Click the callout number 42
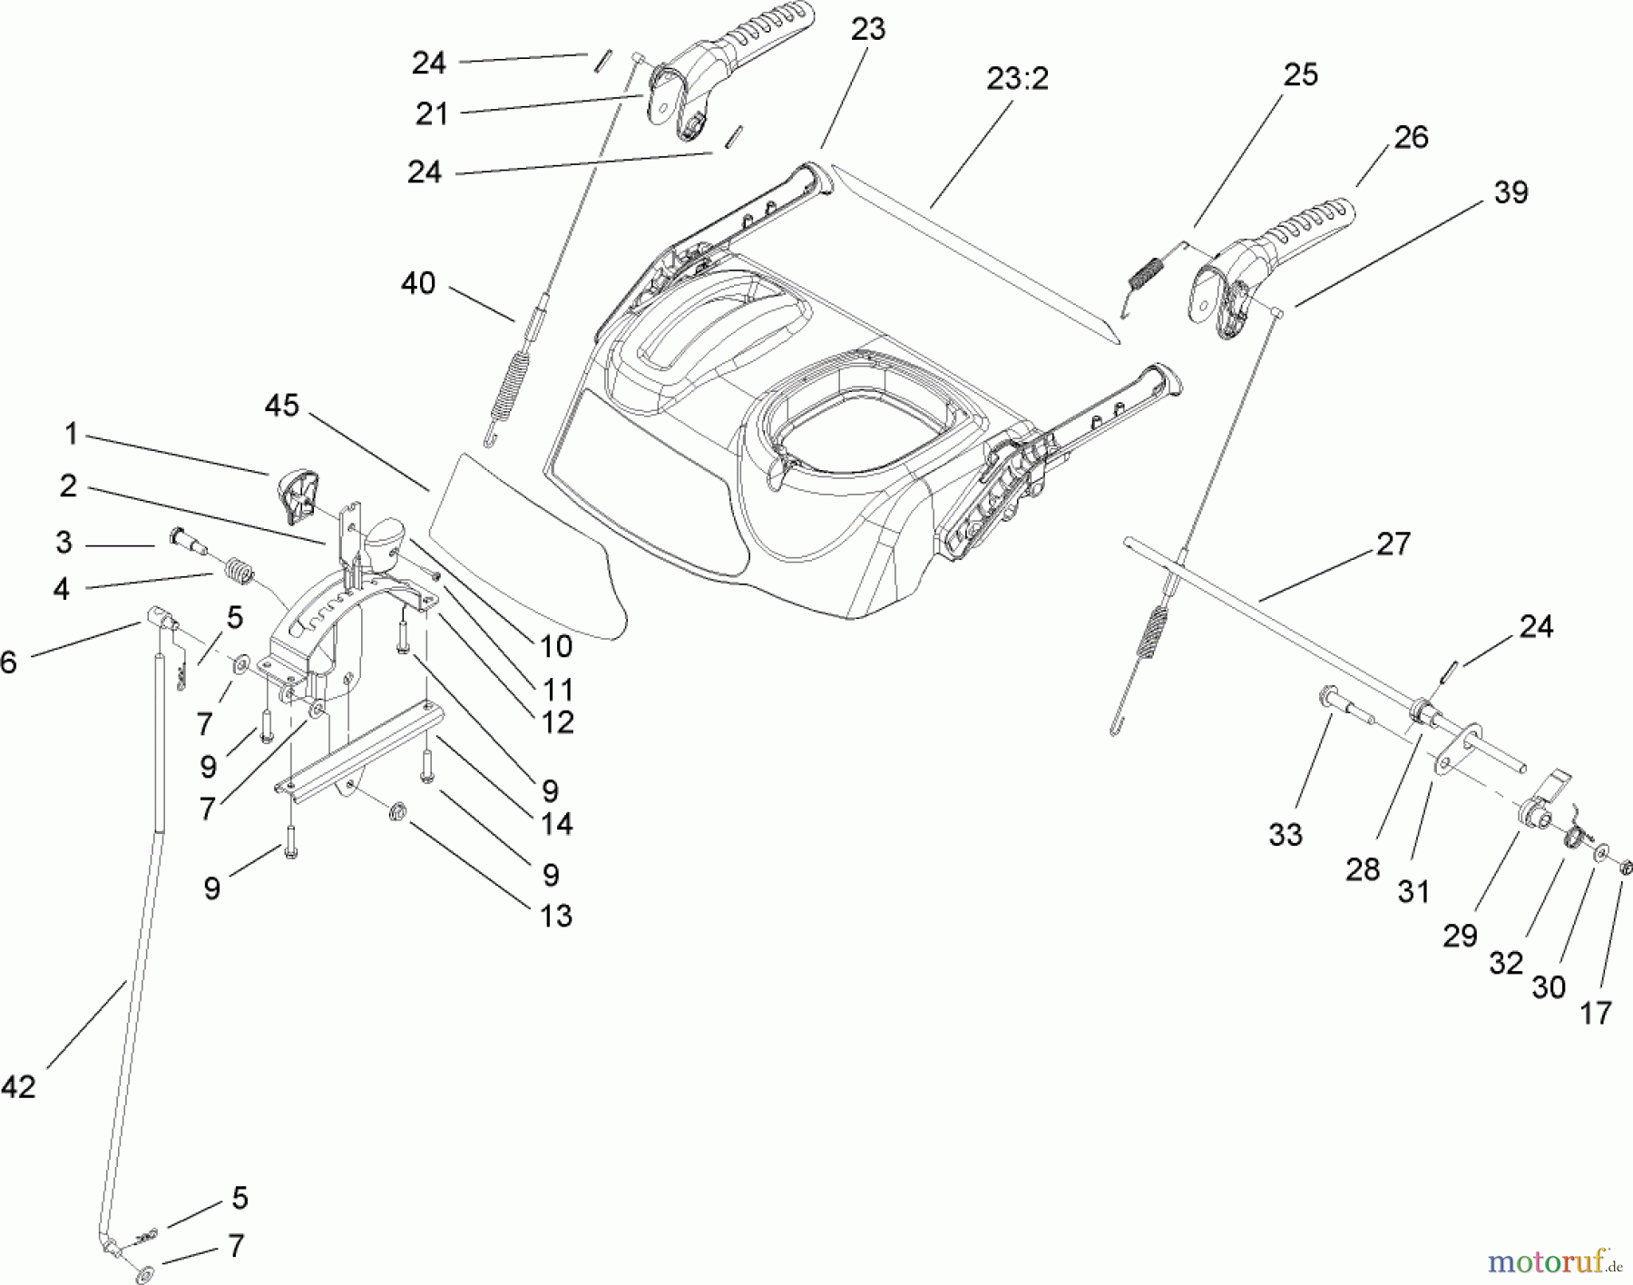[x=18, y=1085]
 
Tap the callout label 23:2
[x=1017, y=79]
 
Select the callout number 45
[x=281, y=406]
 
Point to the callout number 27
[x=1393, y=544]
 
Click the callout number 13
[x=555, y=916]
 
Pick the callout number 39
[x=1511, y=192]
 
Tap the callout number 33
[x=1285, y=834]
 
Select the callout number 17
[x=1595, y=1013]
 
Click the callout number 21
[x=432, y=114]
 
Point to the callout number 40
[x=418, y=284]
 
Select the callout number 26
[x=1411, y=137]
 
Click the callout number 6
[x=8, y=662]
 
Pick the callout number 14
[x=556, y=824]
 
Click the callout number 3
[x=63, y=543]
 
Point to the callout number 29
[x=1460, y=935]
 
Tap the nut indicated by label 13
[x=396, y=809]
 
